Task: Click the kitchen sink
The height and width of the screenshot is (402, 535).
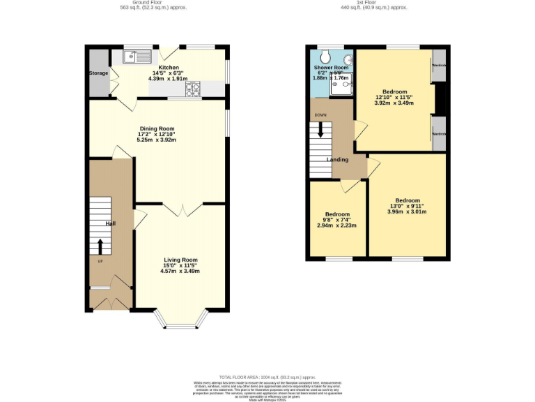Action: coord(138,57)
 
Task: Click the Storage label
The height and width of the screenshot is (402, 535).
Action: coord(98,73)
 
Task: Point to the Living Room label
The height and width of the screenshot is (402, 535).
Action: coord(180,260)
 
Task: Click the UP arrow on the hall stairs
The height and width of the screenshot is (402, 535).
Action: coord(100,246)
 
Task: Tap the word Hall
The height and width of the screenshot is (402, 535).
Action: coord(110,223)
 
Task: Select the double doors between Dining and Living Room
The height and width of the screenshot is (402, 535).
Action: coord(183,209)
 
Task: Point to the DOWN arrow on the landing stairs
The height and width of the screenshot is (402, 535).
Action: coord(321,129)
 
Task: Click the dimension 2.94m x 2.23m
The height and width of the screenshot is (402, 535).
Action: coord(336,225)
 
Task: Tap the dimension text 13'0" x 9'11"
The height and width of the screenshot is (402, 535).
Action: coord(408,206)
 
